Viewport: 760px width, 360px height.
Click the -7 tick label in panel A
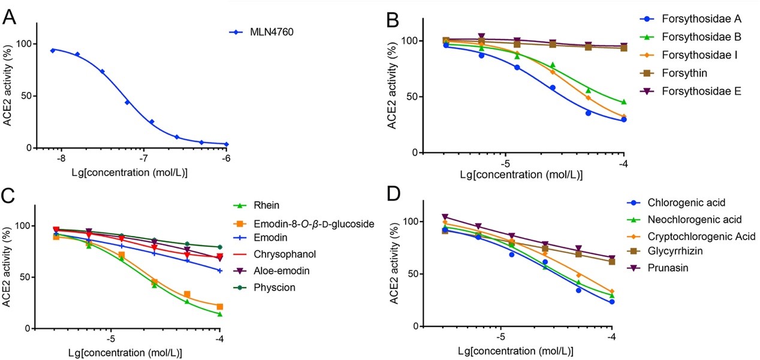tap(143, 159)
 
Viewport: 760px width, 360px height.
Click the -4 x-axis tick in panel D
tap(611, 337)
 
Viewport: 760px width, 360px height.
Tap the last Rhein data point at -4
tap(220, 314)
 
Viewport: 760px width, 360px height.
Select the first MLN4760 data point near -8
tap(53, 50)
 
